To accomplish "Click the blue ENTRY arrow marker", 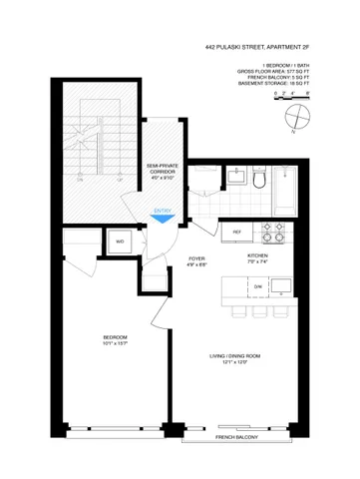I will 162,211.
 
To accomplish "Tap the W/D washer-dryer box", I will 120,242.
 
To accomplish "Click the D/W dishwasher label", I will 256,287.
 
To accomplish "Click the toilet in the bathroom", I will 257,179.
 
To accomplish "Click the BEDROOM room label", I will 116,339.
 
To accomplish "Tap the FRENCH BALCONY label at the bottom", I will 233,438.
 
